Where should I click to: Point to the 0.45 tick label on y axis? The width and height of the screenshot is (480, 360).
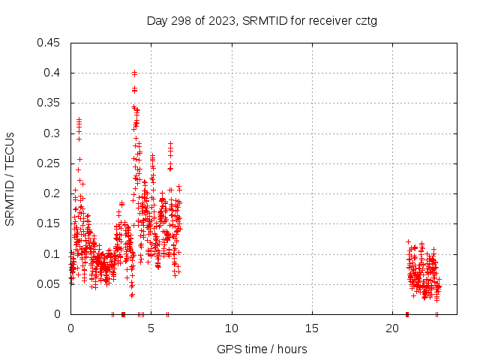tap(49, 43)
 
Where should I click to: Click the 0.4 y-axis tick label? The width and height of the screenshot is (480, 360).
tap(52, 73)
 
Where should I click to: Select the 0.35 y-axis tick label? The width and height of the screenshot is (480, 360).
tap(49, 103)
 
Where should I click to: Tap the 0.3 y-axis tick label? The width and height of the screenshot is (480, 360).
tap(52, 133)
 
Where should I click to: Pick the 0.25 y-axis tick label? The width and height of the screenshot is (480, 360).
tap(49, 163)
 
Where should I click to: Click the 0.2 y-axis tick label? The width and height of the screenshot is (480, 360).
tap(52, 193)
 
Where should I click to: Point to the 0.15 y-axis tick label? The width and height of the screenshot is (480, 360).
tap(49, 223)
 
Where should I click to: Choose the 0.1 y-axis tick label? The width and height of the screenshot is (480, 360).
tap(52, 253)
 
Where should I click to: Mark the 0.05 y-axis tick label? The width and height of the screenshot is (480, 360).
tap(49, 283)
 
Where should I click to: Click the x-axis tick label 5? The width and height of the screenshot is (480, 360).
tap(151, 328)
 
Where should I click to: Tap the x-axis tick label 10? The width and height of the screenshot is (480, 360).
tap(232, 328)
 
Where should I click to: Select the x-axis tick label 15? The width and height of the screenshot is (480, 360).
tap(312, 328)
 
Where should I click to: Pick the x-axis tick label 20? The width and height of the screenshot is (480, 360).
tap(392, 328)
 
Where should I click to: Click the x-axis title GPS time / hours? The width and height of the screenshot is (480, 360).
tap(262, 349)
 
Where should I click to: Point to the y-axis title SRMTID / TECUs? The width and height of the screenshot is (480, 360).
tap(10, 178)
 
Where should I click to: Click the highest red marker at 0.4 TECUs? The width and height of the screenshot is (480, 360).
tap(134, 73)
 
